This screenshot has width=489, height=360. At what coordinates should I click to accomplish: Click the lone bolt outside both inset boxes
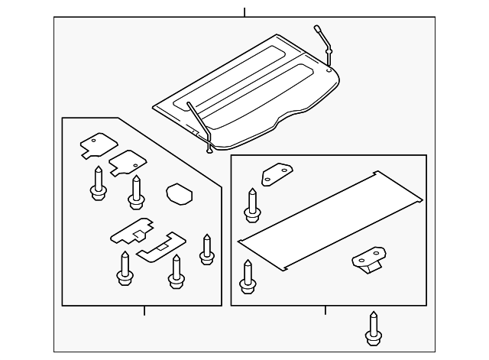click(374, 329)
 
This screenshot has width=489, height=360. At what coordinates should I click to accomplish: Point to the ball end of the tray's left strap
click(209, 150)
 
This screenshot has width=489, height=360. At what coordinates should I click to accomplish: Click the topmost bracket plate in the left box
click(96, 145)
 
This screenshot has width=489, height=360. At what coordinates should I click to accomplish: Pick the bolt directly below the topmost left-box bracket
click(98, 184)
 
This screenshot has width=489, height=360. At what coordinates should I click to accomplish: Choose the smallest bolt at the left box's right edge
click(206, 250)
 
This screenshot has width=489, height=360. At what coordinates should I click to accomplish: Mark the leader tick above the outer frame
click(244, 12)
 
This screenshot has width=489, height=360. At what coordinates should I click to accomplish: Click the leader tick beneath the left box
click(144, 310)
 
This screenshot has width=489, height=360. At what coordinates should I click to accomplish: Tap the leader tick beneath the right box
click(325, 310)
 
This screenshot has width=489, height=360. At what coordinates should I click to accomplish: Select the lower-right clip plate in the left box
click(161, 245)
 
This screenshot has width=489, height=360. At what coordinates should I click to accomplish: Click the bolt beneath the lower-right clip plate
click(176, 273)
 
